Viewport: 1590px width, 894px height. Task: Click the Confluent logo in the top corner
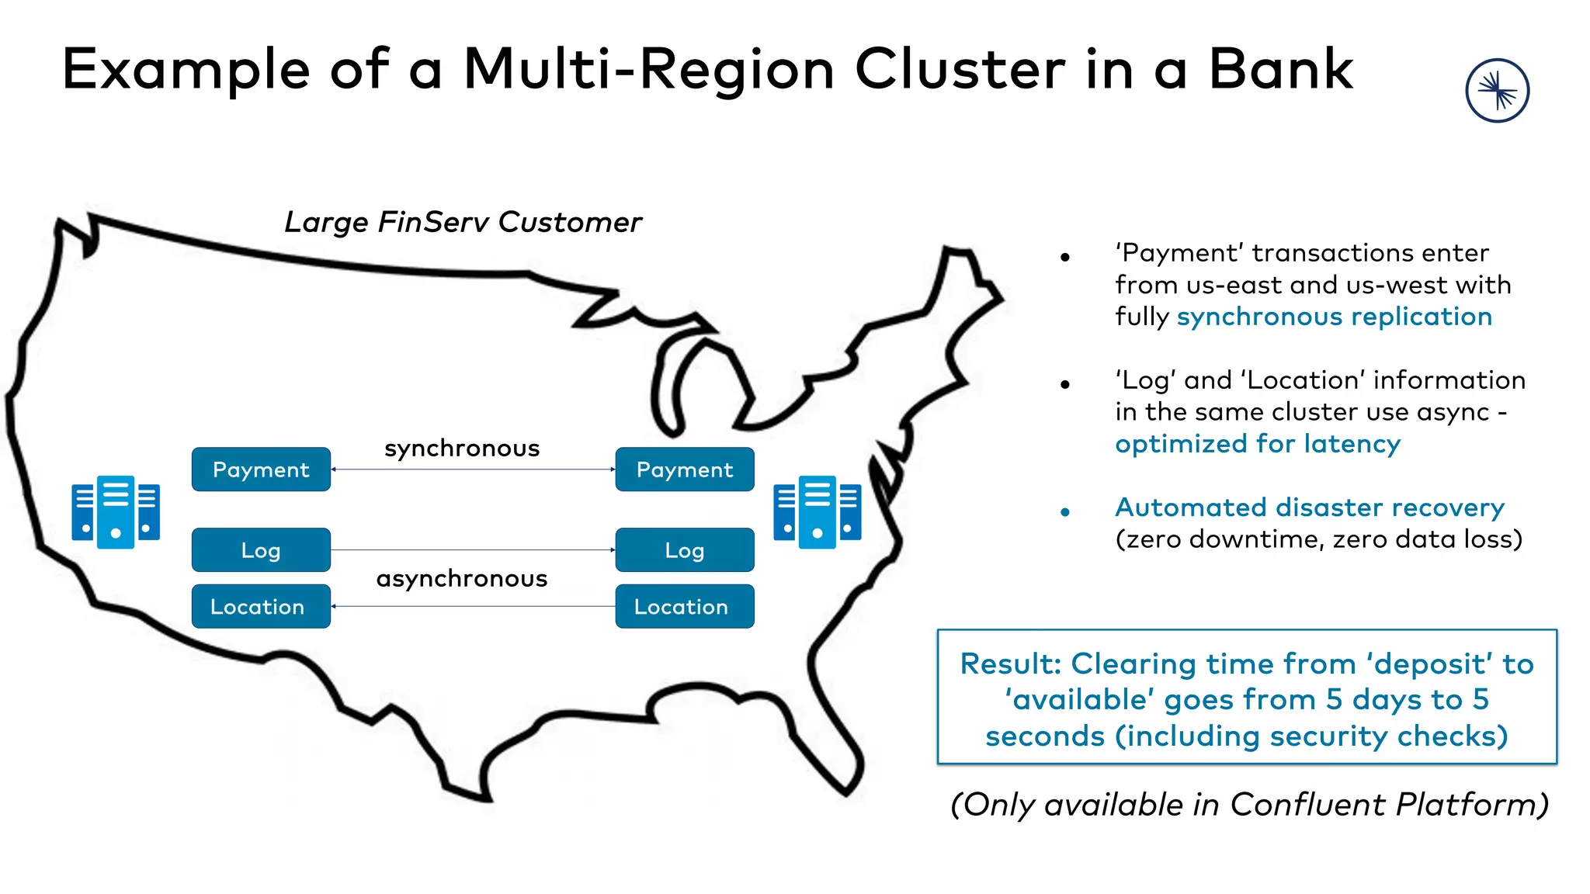click(x=1497, y=91)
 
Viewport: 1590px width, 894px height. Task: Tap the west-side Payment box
click(x=261, y=470)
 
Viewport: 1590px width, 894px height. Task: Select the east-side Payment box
click(x=684, y=470)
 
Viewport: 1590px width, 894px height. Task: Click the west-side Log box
click(x=261, y=550)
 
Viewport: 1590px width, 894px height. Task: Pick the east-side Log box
click(x=684, y=550)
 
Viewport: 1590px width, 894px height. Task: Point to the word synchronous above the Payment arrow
click(x=462, y=449)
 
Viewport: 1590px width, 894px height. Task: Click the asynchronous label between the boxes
click(x=462, y=579)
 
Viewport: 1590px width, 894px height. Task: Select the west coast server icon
click(x=116, y=511)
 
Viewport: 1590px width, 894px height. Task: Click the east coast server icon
click(x=817, y=511)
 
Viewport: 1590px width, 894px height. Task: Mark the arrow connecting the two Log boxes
click(x=472, y=550)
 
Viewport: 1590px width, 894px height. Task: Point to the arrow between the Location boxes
click(x=472, y=606)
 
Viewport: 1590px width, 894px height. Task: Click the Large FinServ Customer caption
click(x=463, y=223)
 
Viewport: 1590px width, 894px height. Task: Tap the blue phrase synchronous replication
click(x=1334, y=317)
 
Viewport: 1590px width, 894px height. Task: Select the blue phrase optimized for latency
click(x=1258, y=444)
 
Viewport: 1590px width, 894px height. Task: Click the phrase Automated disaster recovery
click(x=1309, y=508)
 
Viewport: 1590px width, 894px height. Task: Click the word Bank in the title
click(x=1281, y=70)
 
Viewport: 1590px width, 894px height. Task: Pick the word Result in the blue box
click(x=1009, y=664)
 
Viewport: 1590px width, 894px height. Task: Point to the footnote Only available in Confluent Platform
click(x=1249, y=805)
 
